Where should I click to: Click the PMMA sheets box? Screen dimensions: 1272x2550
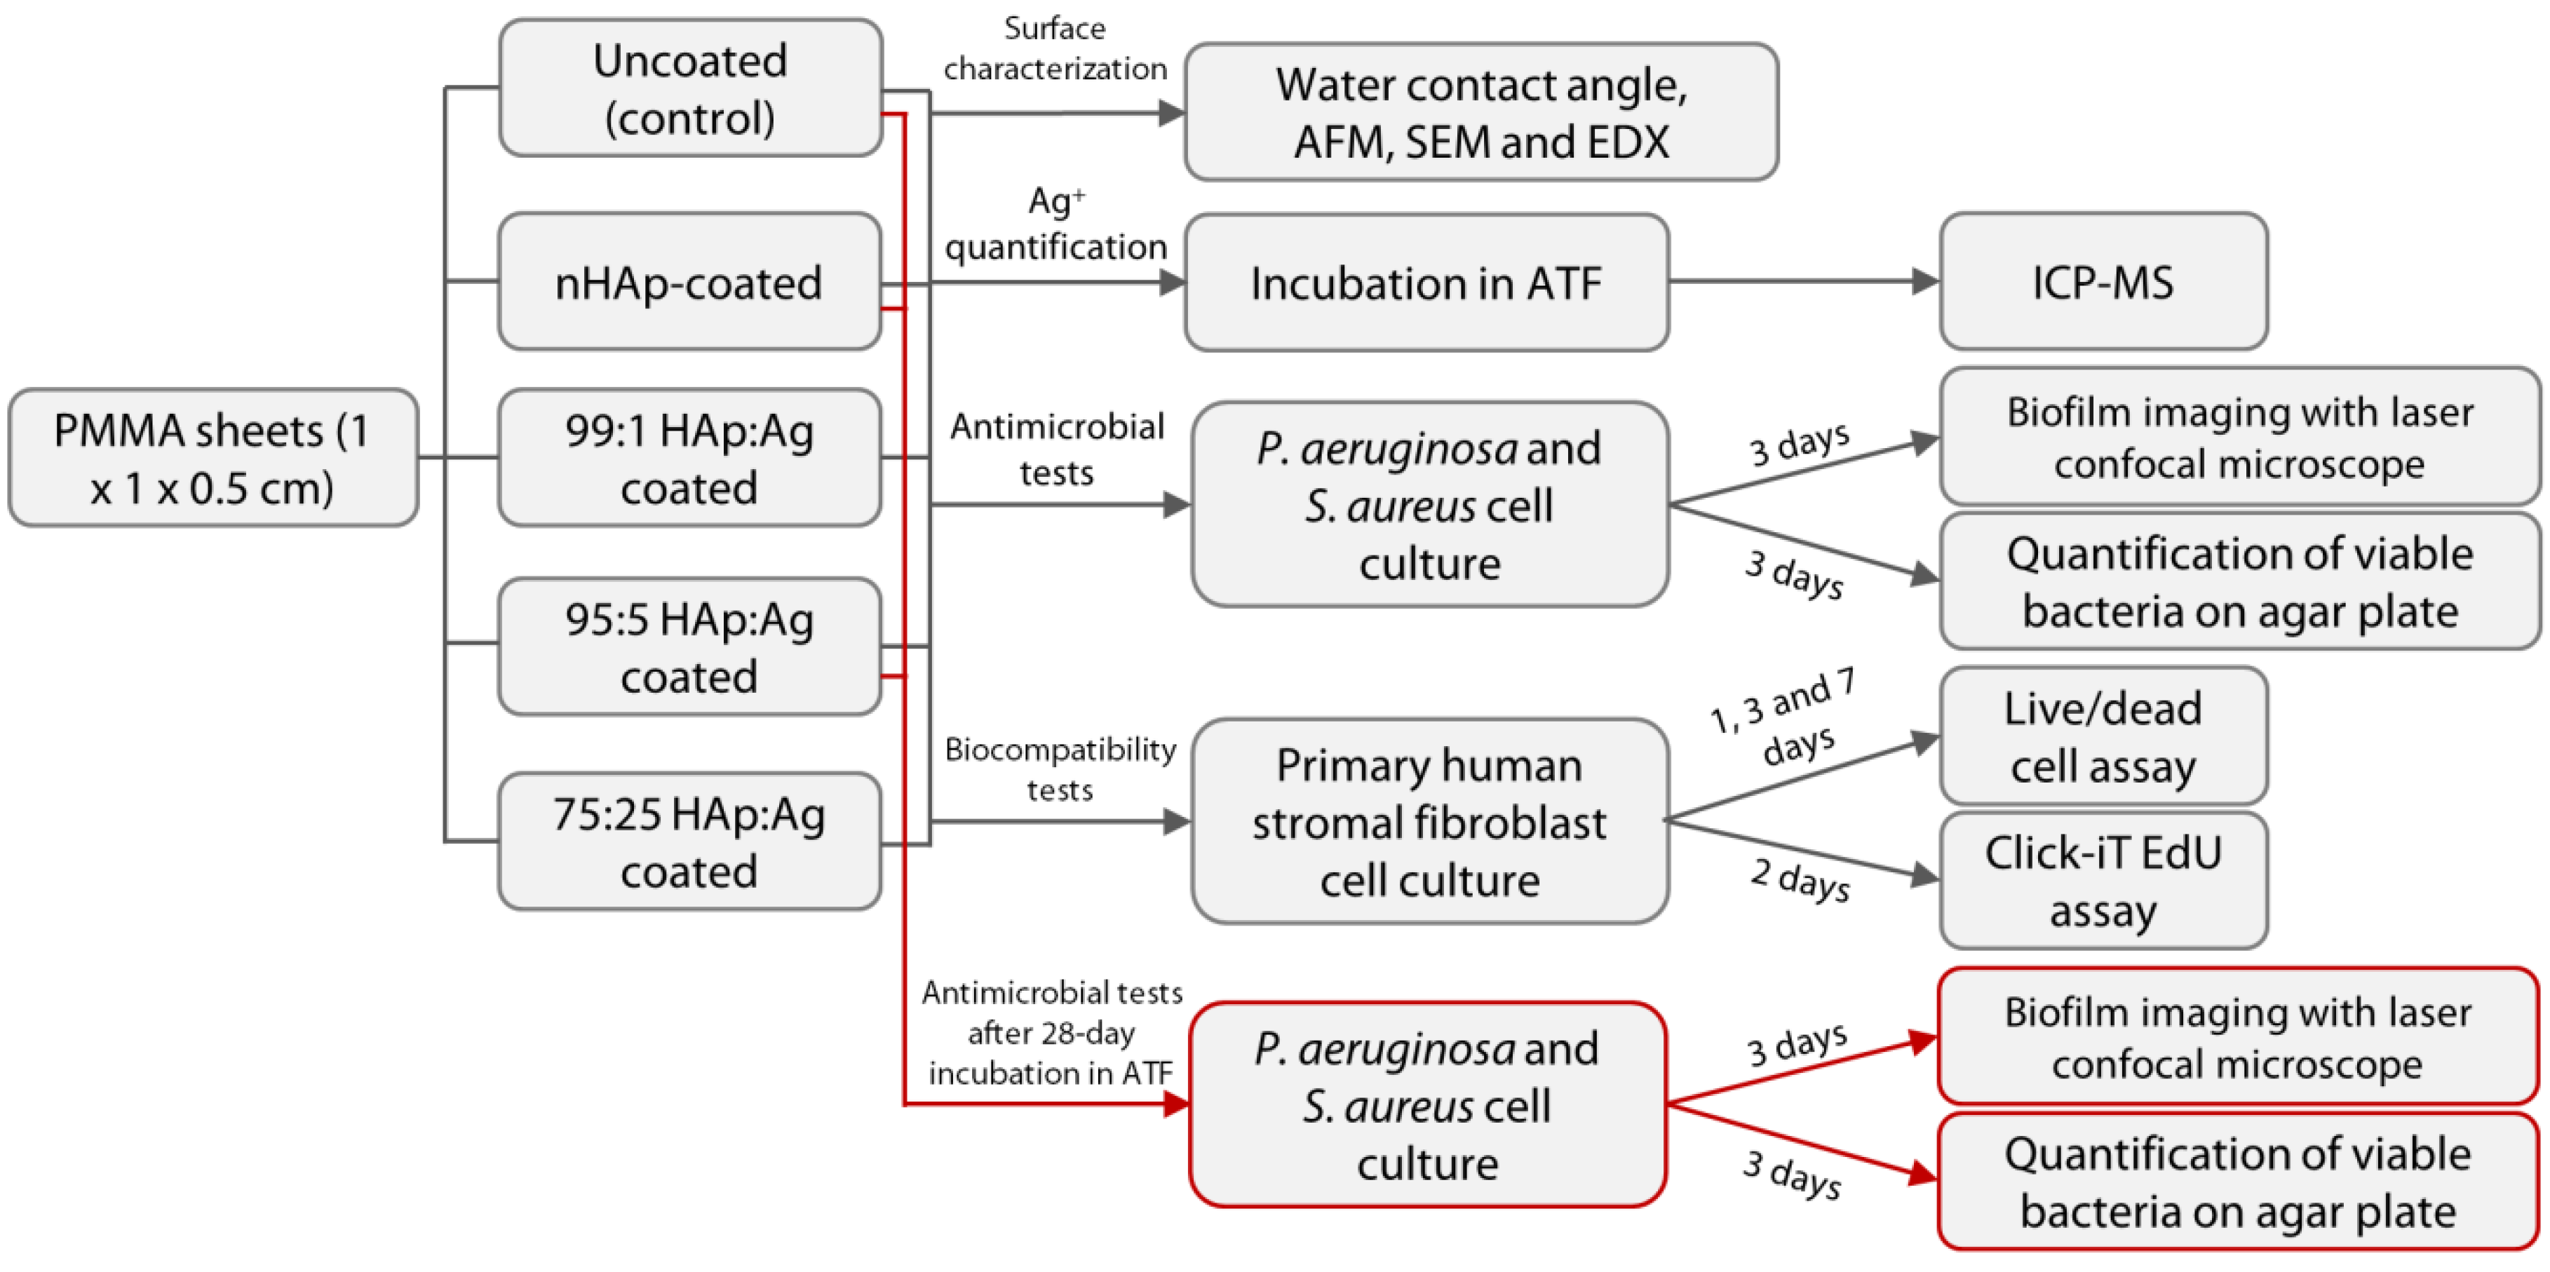click(212, 457)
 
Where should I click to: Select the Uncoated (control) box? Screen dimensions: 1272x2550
click(690, 88)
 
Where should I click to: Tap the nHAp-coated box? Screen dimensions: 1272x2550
click(690, 282)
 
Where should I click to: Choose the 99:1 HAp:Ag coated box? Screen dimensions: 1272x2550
click(690, 457)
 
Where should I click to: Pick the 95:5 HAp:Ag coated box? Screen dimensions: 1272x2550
click(690, 647)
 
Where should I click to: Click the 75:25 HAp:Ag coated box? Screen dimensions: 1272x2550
click(690, 841)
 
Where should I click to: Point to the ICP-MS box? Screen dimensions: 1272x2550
click(2103, 282)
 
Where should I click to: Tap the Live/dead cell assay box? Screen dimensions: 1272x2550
click(2103, 736)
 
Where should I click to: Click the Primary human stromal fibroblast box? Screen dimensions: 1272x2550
click(1429, 822)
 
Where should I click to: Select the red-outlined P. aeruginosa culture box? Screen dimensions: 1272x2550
click(1426, 1104)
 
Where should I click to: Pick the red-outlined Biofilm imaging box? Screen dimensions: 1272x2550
click(2237, 1036)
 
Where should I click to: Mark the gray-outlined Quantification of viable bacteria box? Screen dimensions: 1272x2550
click(2239, 581)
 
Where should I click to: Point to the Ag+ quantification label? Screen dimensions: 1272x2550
click(1055, 224)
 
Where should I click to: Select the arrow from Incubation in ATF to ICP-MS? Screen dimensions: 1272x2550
click(1802, 282)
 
